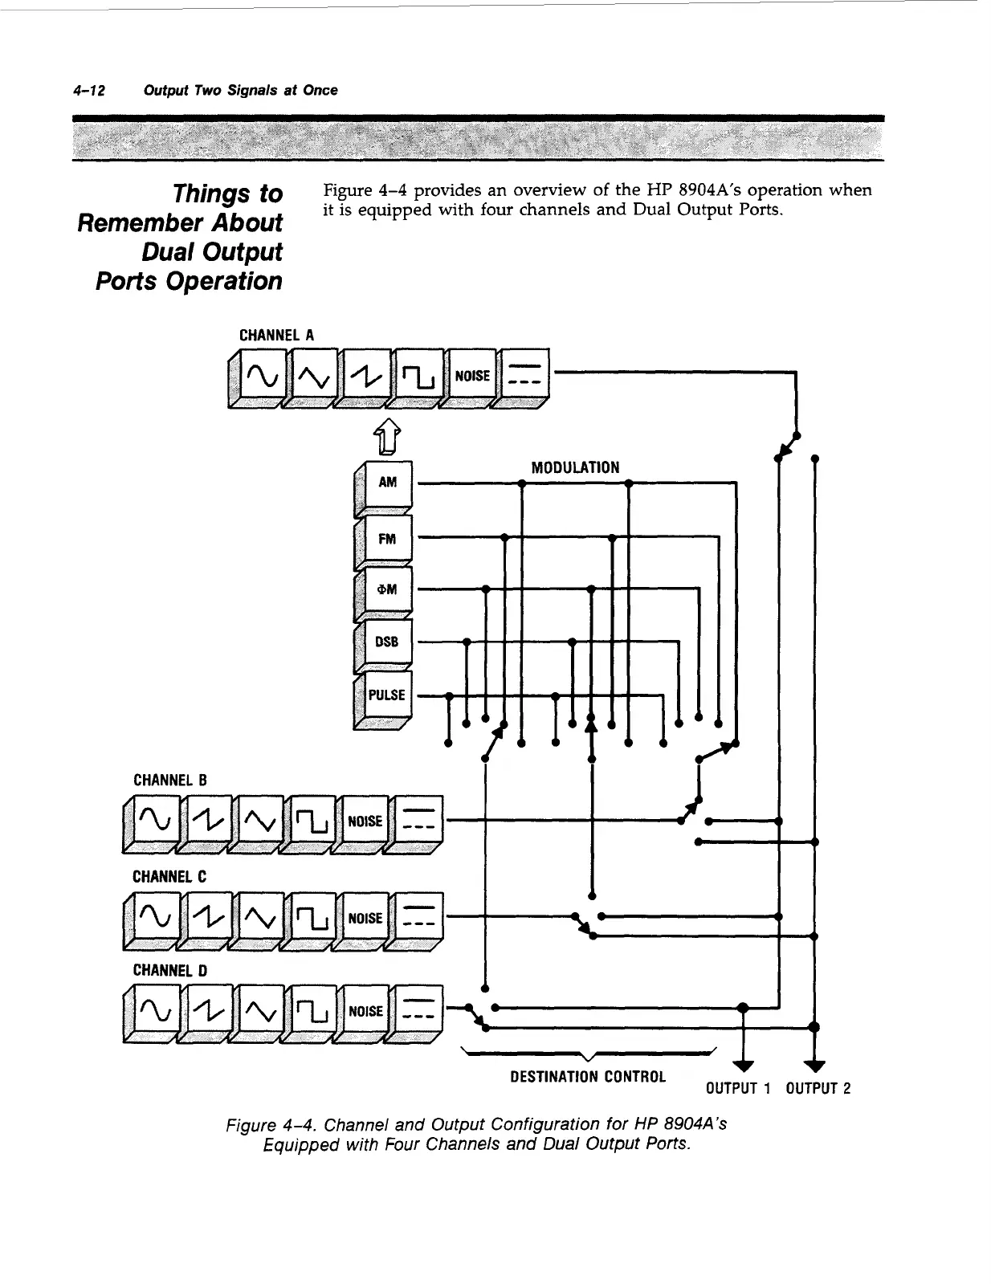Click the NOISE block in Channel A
tap(471, 375)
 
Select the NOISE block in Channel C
tap(365, 918)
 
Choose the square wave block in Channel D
tap(312, 1010)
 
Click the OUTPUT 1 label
tap(738, 1089)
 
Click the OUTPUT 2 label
tap(818, 1089)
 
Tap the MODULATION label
tap(575, 467)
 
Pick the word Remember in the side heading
tap(180, 222)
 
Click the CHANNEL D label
tap(169, 970)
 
